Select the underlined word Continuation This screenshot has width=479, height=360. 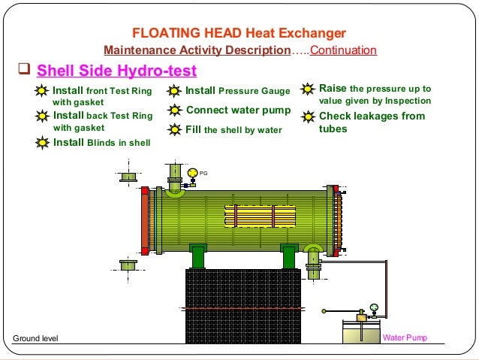[343, 51]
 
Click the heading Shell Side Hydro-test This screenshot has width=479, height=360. [116, 71]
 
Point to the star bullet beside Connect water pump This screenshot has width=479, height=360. [174, 110]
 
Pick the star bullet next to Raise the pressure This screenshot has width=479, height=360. [307, 89]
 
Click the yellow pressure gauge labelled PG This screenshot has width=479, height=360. [193, 173]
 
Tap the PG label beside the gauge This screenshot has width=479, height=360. [203, 173]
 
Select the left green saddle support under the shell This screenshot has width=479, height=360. [198, 256]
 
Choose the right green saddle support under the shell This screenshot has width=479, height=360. [289, 256]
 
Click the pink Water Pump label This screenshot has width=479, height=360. [405, 337]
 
